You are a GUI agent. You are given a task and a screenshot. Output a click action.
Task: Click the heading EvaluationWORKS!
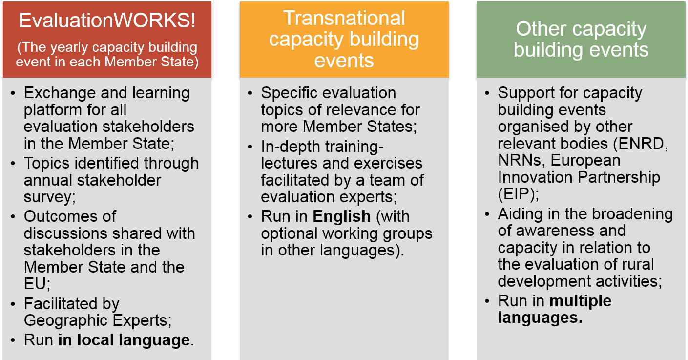107,21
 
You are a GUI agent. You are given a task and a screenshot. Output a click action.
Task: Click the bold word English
341,216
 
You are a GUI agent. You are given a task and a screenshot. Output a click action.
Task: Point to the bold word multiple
581,301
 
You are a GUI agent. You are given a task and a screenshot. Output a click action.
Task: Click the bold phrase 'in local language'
124,340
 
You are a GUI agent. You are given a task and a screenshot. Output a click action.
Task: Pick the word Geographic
65,321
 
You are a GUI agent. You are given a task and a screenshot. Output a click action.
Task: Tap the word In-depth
290,147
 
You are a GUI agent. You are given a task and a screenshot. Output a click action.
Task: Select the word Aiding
520,214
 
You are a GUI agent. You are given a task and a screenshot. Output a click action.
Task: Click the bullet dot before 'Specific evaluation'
250,93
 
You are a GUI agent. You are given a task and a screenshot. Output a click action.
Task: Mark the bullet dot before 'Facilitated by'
13,304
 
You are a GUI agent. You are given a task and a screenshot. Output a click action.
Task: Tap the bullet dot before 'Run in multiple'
487,301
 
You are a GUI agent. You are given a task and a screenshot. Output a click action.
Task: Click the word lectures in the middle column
289,163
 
